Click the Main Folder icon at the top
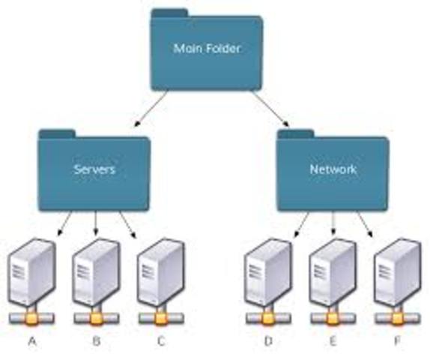(206, 49)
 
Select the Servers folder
(94, 169)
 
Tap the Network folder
(333, 169)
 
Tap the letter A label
(31, 341)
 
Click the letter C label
(160, 341)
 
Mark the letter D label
(267, 341)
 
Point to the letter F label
(397, 341)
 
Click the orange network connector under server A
(31, 318)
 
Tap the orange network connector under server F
(396, 318)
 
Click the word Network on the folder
(333, 169)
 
